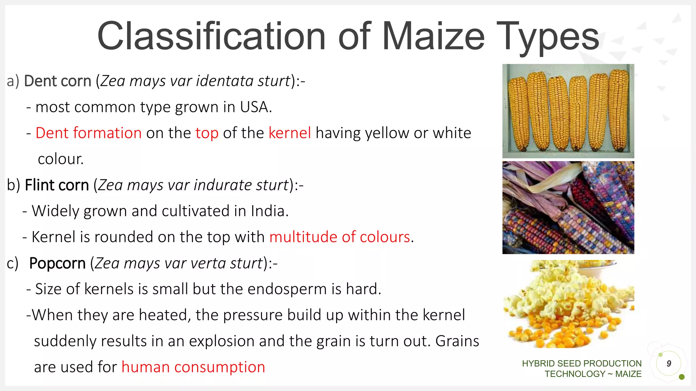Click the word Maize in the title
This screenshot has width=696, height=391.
tap(433, 36)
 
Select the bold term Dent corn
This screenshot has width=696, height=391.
tap(57, 81)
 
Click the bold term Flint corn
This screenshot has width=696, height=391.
tap(57, 185)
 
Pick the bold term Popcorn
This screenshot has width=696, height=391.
tap(57, 263)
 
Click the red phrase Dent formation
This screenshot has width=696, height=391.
tap(88, 133)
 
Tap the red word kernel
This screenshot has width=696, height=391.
tap(290, 133)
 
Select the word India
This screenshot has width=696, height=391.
tap(269, 211)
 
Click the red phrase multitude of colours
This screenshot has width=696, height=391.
tap(340, 237)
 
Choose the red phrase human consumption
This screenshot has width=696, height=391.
tap(193, 367)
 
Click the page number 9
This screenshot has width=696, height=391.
tap(668, 364)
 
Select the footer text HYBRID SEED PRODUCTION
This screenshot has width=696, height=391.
tap(581, 364)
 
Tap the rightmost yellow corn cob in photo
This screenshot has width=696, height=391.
tap(619, 110)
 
